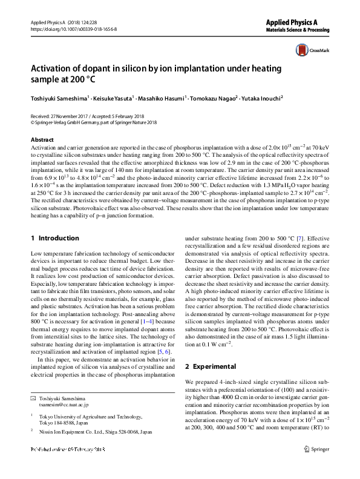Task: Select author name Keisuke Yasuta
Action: click(x=111, y=97)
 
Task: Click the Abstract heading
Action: click(x=42, y=139)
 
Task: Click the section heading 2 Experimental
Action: click(x=211, y=366)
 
